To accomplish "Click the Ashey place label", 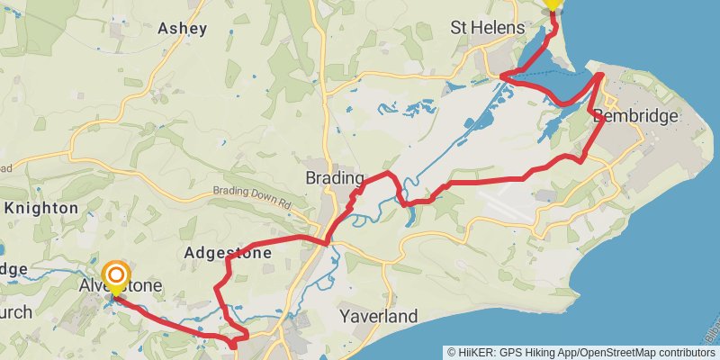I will (183, 28).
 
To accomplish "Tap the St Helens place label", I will (487, 28).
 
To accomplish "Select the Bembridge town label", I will (635, 116).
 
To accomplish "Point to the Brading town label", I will (335, 177).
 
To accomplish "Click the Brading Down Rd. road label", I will (255, 196).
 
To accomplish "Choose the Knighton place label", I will (41, 208).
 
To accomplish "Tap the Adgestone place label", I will (228, 254).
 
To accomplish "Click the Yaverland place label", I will (379, 317).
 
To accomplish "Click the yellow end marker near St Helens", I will (552, 4).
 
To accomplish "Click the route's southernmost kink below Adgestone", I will (233, 344).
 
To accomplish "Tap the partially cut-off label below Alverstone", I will (16, 312).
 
